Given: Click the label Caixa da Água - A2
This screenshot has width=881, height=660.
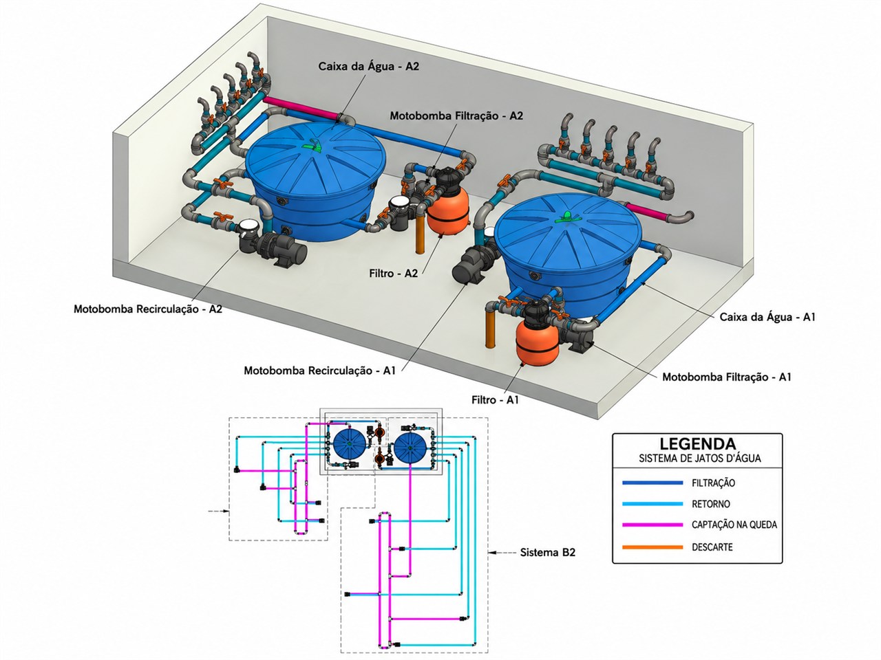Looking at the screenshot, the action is click(368, 66).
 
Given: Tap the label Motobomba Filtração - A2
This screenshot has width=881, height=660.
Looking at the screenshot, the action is click(456, 115).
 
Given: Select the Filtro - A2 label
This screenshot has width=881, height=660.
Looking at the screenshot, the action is click(393, 274).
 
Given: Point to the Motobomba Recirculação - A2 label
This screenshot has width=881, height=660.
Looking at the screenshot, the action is click(148, 309).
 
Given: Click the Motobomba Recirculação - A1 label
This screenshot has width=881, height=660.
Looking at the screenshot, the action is click(320, 371).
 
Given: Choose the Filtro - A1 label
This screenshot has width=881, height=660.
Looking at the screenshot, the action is click(495, 400).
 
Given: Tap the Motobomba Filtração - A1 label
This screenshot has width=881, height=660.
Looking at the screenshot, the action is click(726, 377).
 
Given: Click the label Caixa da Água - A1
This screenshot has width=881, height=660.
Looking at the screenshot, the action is click(767, 318).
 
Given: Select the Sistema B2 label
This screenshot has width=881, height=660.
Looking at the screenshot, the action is click(547, 553).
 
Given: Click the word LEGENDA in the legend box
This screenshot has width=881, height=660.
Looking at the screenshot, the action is click(698, 444).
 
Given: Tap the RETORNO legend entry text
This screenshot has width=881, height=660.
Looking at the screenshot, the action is click(710, 504).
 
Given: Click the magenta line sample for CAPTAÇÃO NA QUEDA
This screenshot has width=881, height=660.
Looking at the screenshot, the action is click(652, 525).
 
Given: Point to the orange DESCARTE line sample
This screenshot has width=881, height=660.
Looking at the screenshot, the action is click(652, 547).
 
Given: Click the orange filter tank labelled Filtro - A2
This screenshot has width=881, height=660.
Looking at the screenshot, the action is click(448, 211).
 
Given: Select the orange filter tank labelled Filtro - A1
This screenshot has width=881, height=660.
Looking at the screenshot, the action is click(537, 343).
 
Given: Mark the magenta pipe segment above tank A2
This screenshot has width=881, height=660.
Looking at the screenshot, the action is click(301, 108).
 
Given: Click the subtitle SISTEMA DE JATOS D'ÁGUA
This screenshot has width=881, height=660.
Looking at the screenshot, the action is click(699, 458).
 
